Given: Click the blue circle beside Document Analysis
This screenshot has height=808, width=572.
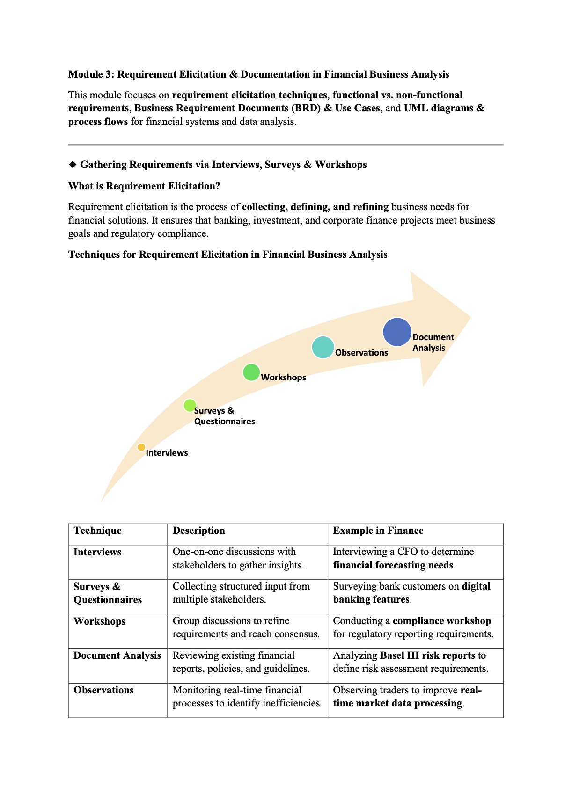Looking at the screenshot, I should tap(397, 332).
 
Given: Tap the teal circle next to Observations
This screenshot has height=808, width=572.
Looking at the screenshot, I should tap(323, 348).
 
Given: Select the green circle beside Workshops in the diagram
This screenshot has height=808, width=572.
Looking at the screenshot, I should tap(251, 372).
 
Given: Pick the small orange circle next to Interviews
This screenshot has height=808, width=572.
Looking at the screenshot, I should tap(141, 447).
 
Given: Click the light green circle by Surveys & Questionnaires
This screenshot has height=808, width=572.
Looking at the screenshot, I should tap(190, 405).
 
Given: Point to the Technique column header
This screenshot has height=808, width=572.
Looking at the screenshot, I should tap(97, 531).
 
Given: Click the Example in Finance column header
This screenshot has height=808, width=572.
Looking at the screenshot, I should tap(378, 531).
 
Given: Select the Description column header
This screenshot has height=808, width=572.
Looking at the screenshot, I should tap(198, 531).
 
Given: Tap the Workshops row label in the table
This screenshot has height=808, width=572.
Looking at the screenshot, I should tap(99, 621).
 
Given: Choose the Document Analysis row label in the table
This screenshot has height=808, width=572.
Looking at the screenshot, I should tap(117, 655).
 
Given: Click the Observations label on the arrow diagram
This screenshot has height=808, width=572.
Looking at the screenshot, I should tap(361, 353).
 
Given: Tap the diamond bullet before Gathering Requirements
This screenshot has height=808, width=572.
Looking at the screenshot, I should tap(73, 165).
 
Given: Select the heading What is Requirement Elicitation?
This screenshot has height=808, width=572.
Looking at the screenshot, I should tap(144, 186).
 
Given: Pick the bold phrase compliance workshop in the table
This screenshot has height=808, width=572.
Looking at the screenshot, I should tap(441, 621).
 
